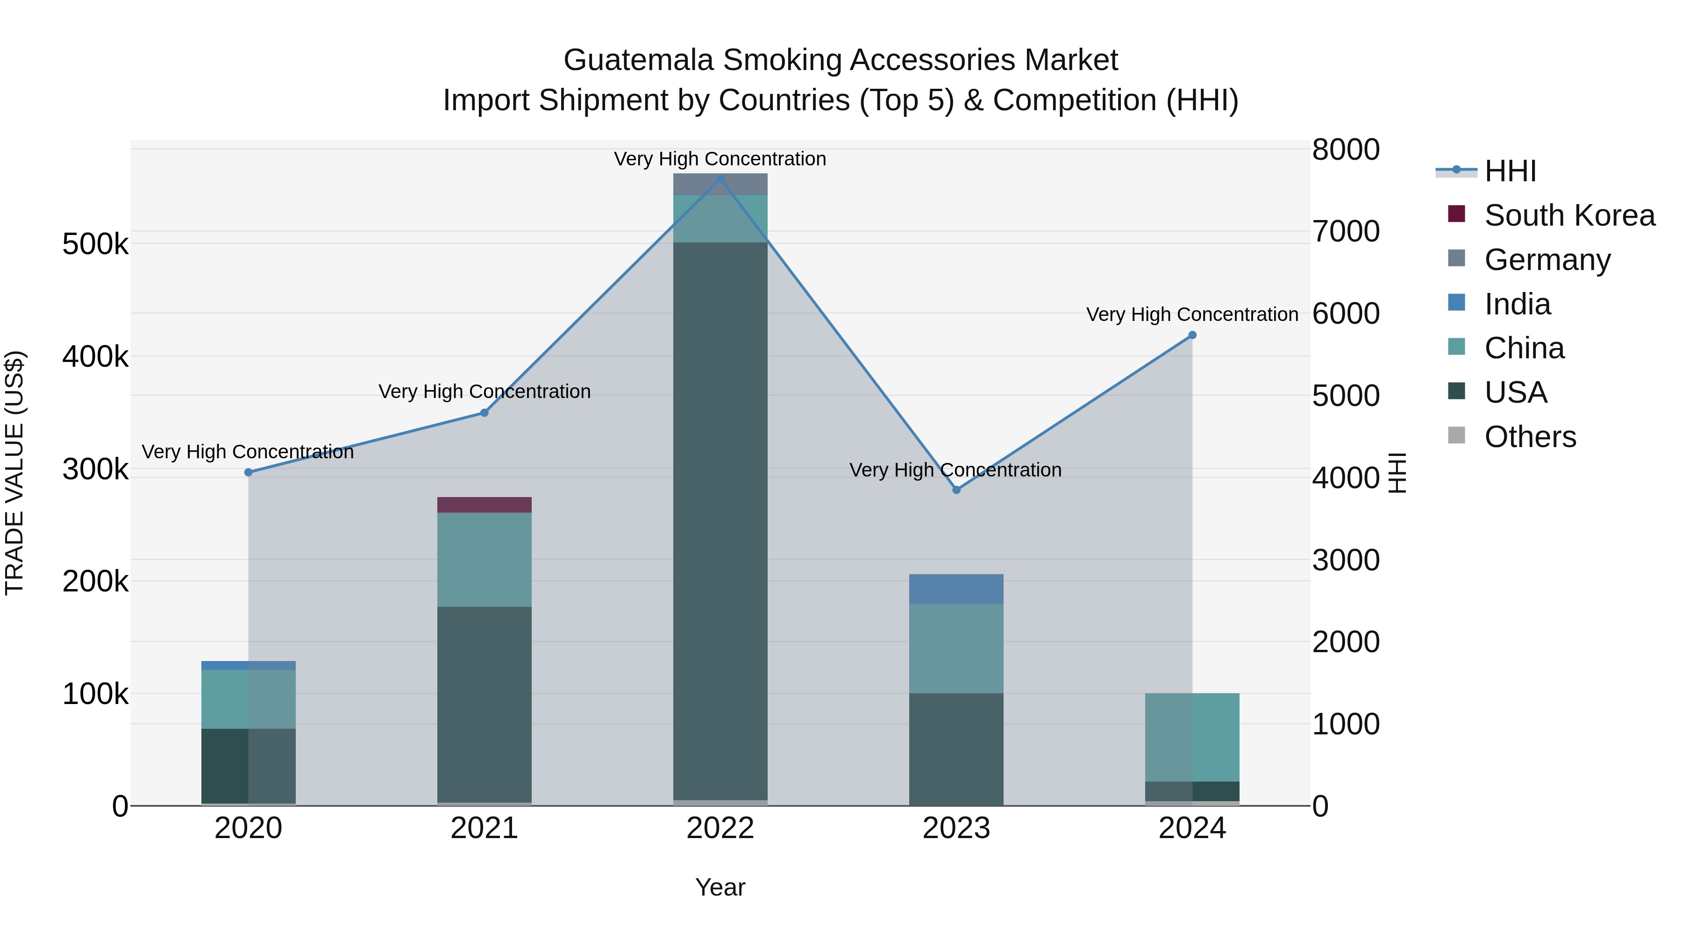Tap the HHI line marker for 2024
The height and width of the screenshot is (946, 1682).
[1192, 335]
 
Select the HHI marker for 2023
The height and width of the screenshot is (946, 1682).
[956, 490]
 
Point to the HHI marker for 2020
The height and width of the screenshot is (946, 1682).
[248, 472]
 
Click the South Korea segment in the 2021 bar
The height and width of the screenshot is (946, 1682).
[484, 505]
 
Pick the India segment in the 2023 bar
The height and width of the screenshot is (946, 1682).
[956, 589]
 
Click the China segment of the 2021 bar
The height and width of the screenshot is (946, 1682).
[484, 560]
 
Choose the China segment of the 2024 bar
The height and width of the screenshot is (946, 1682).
[1192, 737]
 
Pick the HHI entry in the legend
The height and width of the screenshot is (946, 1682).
[1510, 171]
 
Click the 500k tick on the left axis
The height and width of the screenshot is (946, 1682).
[95, 245]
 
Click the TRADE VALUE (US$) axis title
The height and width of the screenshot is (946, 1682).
[14, 473]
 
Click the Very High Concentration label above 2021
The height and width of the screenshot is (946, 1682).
[484, 392]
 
